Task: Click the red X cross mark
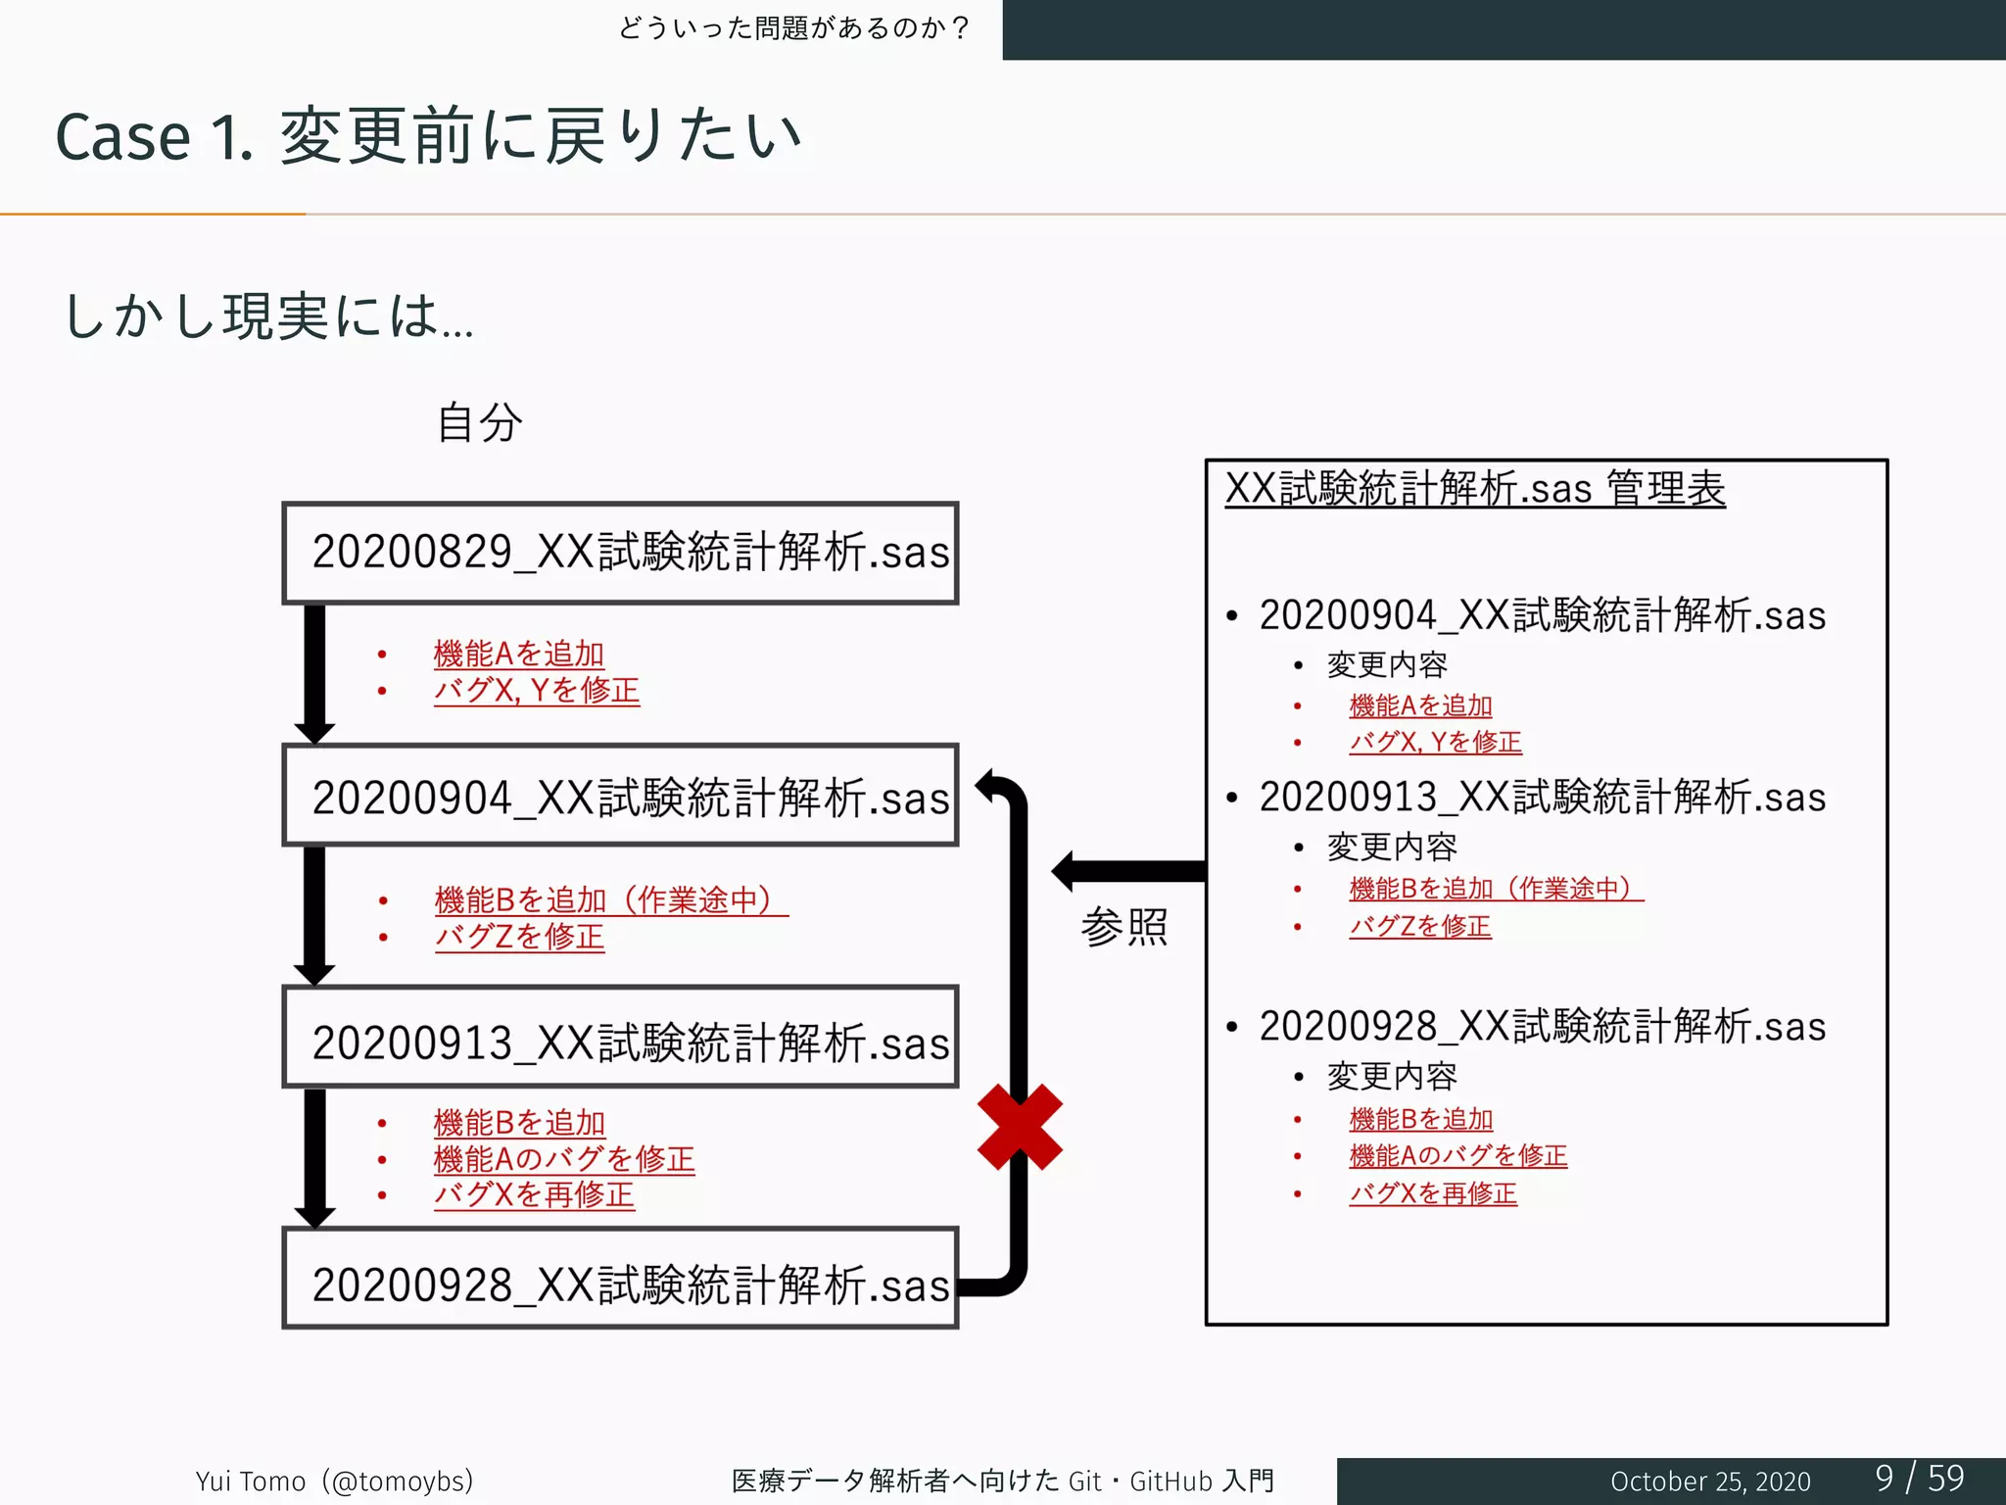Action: coord(1020,1127)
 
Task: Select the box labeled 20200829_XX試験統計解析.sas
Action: coord(620,553)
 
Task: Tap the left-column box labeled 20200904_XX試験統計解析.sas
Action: coord(620,796)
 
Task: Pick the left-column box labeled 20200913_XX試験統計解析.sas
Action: coord(620,1038)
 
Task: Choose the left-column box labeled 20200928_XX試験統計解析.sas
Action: coord(620,1280)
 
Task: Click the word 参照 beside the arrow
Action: coord(1124,926)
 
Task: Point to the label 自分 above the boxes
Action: coord(479,422)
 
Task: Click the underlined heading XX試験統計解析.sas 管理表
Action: coord(1475,488)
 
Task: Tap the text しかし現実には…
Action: coord(268,316)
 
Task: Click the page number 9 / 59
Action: coord(1920,1478)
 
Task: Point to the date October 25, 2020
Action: coord(1710,1481)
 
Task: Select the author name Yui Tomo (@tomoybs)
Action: coord(334,1481)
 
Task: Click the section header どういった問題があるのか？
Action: coord(793,27)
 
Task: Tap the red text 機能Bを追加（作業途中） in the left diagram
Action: coord(611,899)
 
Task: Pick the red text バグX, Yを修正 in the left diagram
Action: coord(537,690)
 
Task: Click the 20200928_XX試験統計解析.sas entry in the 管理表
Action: coord(1542,1027)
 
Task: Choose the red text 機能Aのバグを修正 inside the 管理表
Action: coord(1457,1156)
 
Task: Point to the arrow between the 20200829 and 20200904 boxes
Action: coord(314,673)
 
